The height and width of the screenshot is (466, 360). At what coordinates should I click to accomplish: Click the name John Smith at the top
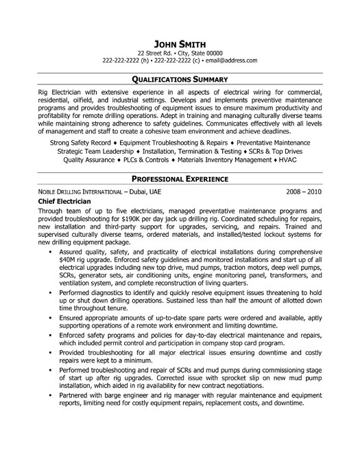tap(180, 25)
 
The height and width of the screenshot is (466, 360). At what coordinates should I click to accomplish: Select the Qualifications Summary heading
tap(180, 80)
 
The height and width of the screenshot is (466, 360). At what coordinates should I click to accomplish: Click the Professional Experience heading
tap(180, 178)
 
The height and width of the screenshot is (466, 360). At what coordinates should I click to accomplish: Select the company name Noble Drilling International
tap(81, 191)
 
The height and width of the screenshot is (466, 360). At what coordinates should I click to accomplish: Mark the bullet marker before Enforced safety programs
tap(51, 352)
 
